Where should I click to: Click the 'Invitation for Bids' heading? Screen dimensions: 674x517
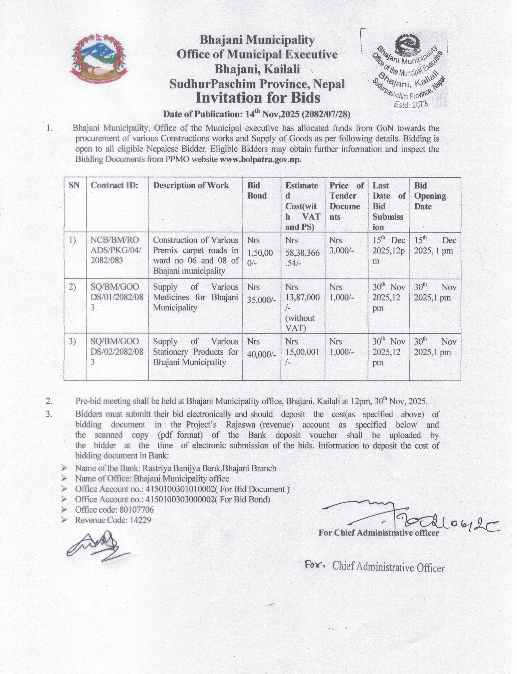(x=258, y=98)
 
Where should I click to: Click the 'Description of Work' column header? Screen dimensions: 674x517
(x=191, y=185)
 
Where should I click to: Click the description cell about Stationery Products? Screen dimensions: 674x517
(x=195, y=352)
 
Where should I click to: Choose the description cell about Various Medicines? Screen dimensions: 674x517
(x=195, y=297)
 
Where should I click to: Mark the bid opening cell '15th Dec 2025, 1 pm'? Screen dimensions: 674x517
(x=435, y=245)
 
